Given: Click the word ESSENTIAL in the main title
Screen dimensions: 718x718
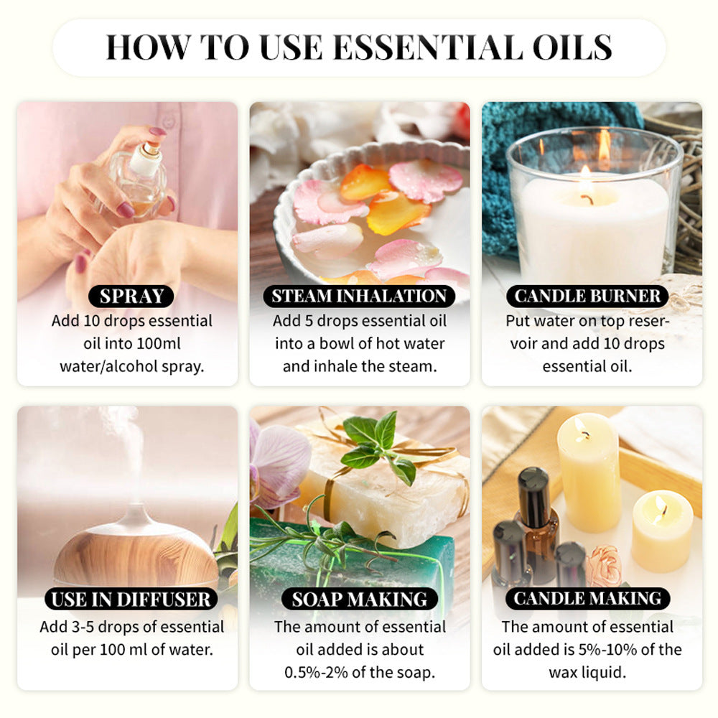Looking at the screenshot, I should (x=428, y=47).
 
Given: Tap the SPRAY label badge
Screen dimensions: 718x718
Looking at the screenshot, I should (x=131, y=296).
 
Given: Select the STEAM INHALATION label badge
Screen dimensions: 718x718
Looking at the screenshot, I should (x=359, y=296).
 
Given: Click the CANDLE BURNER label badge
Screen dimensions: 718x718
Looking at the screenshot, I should (x=587, y=296).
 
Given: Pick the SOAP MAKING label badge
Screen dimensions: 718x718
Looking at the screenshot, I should (x=359, y=599).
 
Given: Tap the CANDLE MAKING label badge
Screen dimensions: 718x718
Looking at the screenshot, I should (x=587, y=599).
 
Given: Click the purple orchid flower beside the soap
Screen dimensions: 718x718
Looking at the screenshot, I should (x=281, y=460).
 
